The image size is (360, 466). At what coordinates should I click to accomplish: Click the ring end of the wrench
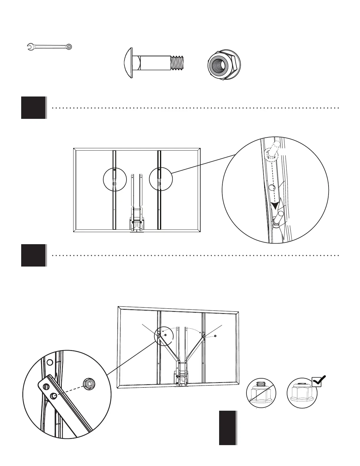pyautogui.click(x=69, y=46)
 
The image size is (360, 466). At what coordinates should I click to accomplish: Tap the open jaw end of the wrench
pyautogui.click(x=30, y=46)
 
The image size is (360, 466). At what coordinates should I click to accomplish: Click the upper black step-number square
pyautogui.click(x=34, y=108)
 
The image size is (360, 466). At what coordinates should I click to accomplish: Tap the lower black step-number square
pyautogui.click(x=34, y=255)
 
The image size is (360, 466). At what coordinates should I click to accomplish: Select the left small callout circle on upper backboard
pyautogui.click(x=115, y=179)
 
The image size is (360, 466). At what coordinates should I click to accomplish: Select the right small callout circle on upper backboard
pyautogui.click(x=160, y=179)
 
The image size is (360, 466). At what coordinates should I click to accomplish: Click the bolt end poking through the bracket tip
pyautogui.click(x=54, y=396)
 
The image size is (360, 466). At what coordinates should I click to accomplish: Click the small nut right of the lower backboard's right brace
pyautogui.click(x=216, y=336)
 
